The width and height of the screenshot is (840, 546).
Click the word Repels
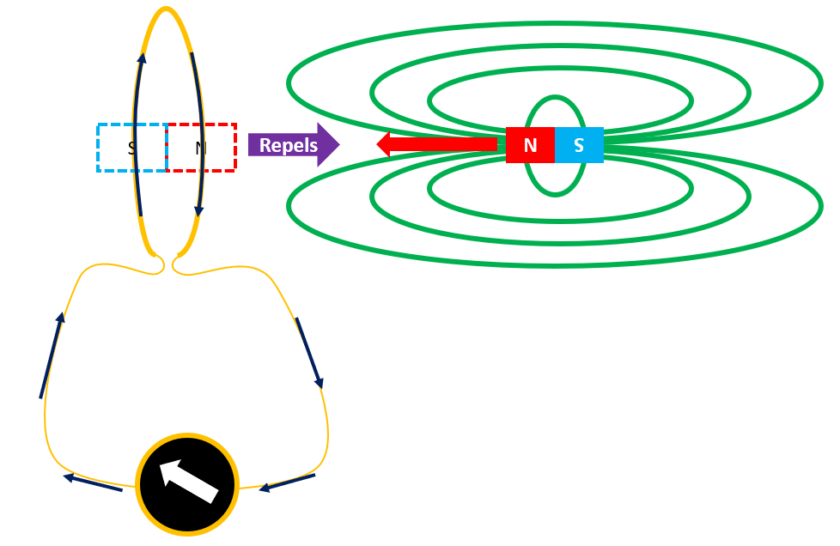point(289,145)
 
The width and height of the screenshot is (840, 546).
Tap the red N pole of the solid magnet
point(530,145)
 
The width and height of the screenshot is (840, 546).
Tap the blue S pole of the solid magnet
point(579,145)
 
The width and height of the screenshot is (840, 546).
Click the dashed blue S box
point(131,148)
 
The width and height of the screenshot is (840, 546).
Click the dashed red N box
point(201,148)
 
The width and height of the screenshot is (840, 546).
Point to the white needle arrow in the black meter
point(189,481)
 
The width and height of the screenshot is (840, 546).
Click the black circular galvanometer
point(187,484)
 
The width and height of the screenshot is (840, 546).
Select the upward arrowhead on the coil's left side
point(142,58)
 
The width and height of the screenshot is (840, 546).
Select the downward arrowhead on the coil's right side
point(199,210)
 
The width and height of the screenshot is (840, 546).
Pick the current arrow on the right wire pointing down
point(309,352)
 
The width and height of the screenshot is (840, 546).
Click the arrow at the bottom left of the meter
point(92,483)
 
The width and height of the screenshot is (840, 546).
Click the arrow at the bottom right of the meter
point(288,482)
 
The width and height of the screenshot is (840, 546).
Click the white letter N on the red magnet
point(530,146)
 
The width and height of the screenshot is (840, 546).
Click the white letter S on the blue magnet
point(579,146)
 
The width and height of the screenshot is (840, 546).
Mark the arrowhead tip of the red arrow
point(379,143)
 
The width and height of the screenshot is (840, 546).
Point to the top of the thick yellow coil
point(167,9)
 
